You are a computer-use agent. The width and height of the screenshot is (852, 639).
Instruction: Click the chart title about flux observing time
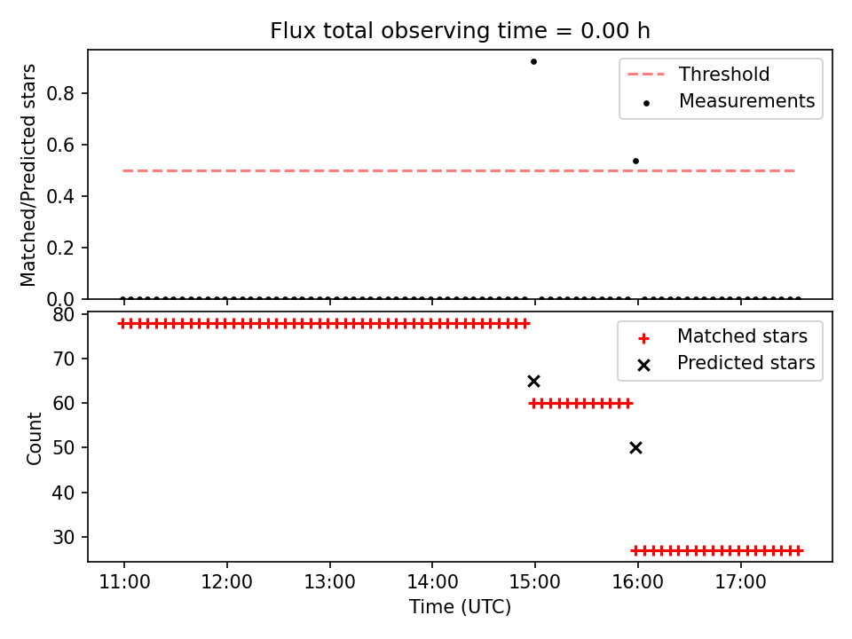pos(460,31)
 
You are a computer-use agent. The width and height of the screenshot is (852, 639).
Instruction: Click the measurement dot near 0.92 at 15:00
pos(533,62)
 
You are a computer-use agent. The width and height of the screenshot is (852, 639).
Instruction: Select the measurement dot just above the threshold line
pos(635,162)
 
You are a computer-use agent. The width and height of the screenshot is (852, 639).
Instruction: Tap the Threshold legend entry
pos(698,74)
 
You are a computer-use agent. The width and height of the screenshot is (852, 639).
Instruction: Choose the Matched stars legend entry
pos(722,336)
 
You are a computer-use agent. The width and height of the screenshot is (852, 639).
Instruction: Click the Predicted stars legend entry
pos(726,363)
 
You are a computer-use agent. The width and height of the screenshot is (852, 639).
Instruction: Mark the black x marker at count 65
pos(533,382)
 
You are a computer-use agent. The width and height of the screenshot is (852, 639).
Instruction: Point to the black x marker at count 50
pos(635,447)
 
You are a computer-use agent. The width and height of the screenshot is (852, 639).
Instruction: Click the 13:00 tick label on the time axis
pos(329,582)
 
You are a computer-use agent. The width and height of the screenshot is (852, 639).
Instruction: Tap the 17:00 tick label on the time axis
pos(740,582)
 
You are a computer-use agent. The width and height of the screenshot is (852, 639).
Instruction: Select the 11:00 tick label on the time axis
pos(124,582)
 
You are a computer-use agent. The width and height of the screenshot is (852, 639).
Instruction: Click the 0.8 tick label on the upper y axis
pos(59,93)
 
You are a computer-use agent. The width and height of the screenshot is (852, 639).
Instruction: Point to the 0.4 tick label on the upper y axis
pos(59,196)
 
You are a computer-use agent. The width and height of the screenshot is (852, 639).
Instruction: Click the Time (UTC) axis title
pos(461,607)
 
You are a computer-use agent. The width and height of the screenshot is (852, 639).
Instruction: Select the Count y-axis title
pos(34,438)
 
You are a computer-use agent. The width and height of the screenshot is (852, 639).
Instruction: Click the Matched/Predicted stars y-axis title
pos(28,175)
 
